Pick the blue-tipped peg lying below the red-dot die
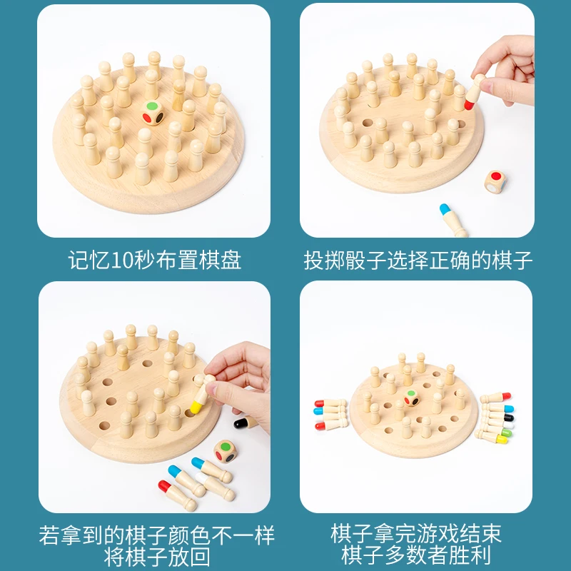[451, 219]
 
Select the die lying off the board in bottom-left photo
[226, 452]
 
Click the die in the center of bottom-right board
[413, 398]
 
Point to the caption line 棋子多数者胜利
[416, 555]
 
